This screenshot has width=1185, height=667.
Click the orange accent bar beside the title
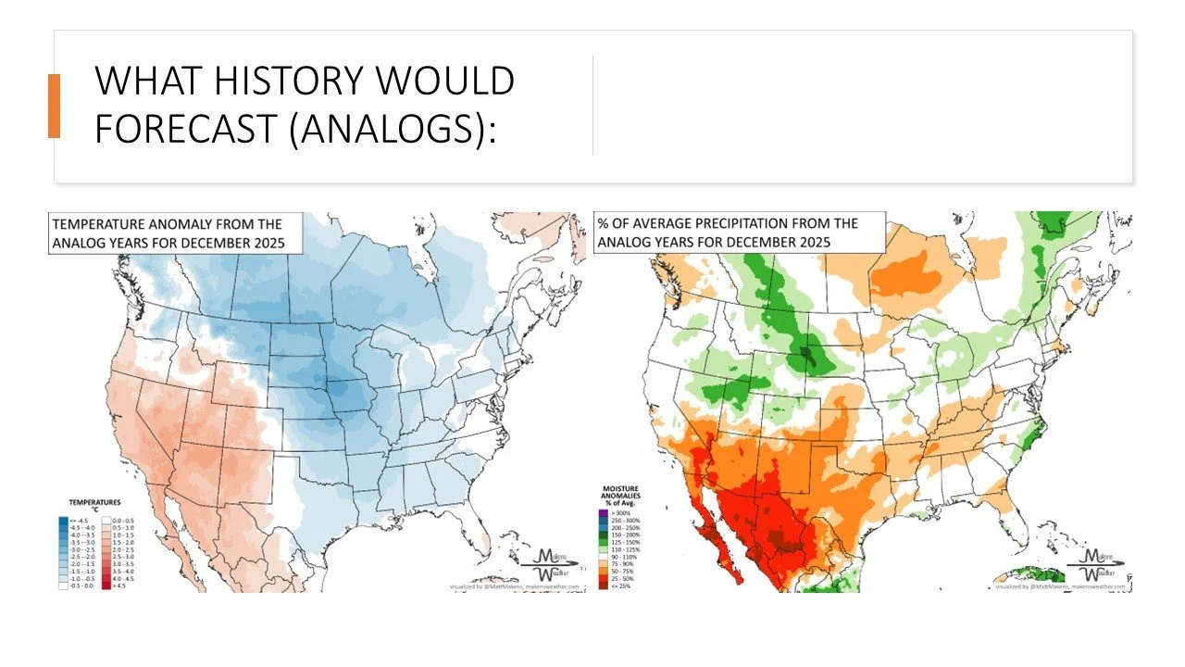coord(54,106)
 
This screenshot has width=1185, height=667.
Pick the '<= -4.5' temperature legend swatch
coord(63,520)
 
